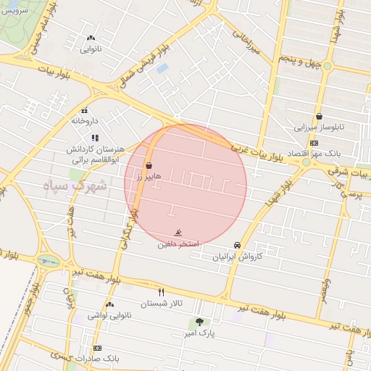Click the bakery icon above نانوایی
tap(91, 38)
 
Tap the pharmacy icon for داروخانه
tap(85, 111)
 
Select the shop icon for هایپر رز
tap(149, 166)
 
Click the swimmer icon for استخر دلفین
tap(178, 234)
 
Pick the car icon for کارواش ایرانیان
tap(237, 246)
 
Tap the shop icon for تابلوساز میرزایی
tap(319, 116)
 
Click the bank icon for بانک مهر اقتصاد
tap(313, 143)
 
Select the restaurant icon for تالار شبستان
tap(162, 292)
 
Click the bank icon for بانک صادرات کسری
tap(97, 348)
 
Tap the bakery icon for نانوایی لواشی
tap(109, 304)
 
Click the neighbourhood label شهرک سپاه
tap(75, 185)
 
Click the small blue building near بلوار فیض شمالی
tap(162, 68)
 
